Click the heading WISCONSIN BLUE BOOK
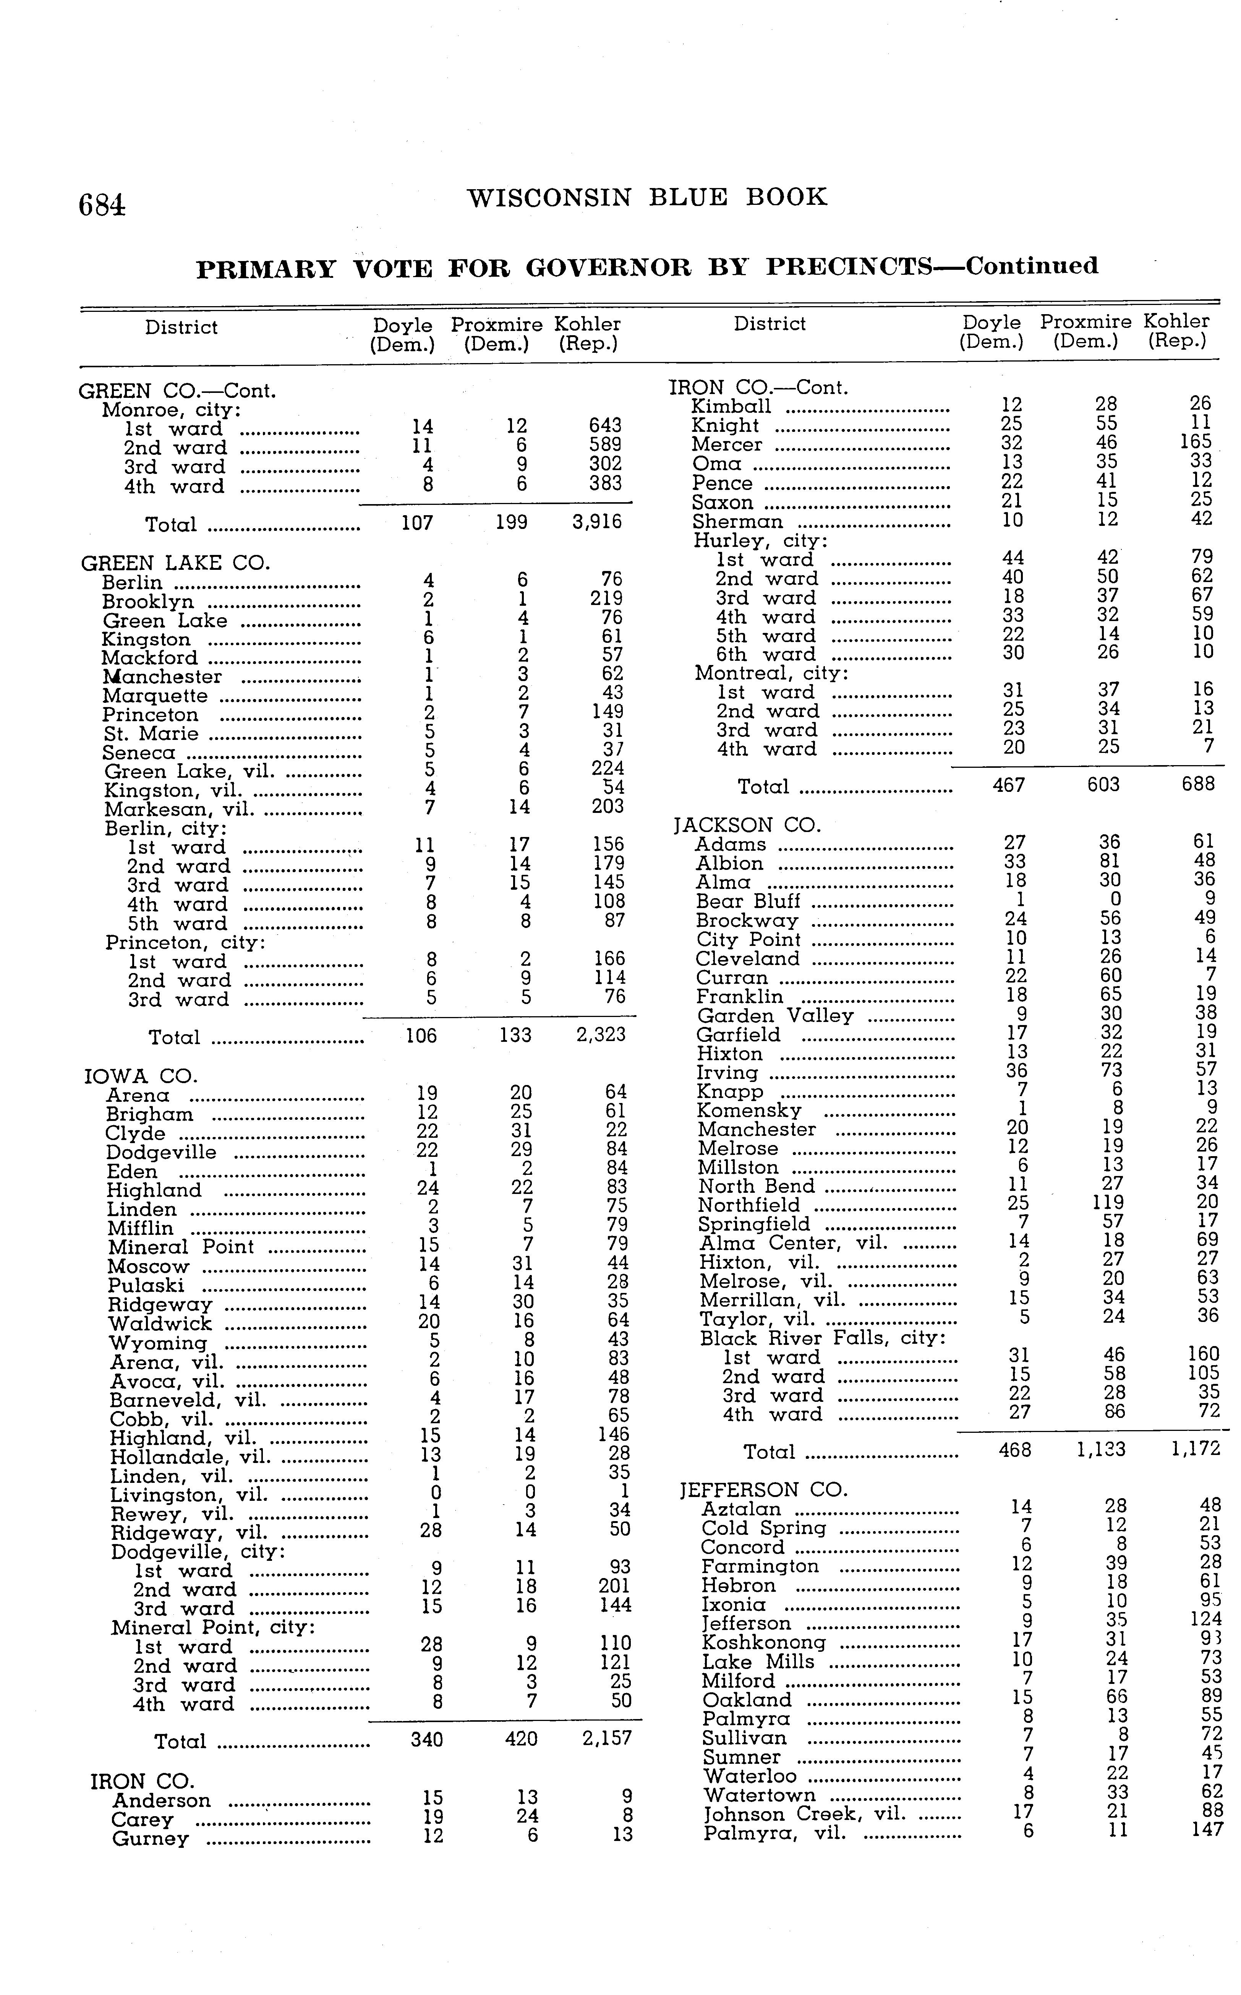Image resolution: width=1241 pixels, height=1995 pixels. pyautogui.click(x=647, y=198)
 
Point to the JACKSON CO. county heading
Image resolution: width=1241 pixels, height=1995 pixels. pyautogui.click(x=747, y=825)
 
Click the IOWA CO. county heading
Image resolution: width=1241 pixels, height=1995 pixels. pyautogui.click(x=141, y=1075)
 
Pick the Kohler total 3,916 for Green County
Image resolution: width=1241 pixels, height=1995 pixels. pyautogui.click(x=597, y=522)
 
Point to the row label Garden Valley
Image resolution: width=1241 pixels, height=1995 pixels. pyautogui.click(x=775, y=1015)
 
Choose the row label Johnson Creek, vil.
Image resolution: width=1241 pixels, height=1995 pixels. pyautogui.click(x=804, y=1813)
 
